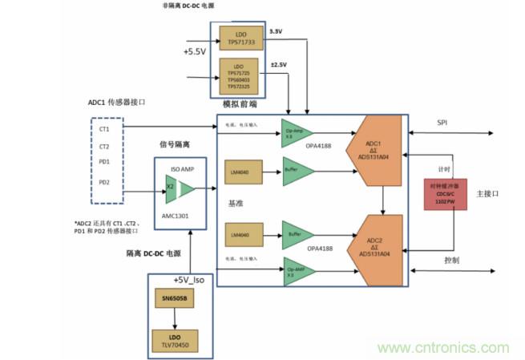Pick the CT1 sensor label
tap(104, 128)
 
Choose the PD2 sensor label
tap(104, 182)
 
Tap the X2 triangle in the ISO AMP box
tap(169, 187)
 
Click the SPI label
tap(442, 123)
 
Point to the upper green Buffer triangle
tap(293, 171)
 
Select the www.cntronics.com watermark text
tap(443, 348)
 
